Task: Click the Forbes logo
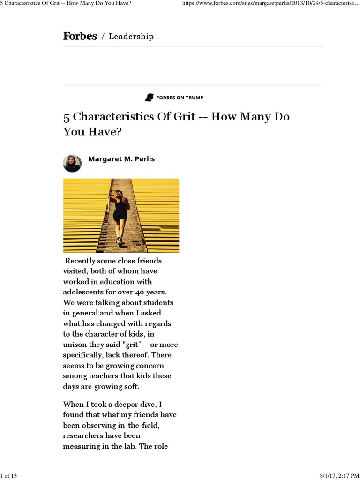[x=80, y=36]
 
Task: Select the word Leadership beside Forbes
[x=131, y=37]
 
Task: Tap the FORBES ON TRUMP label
[x=180, y=97]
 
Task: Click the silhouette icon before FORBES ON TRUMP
[x=150, y=97]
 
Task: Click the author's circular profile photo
[x=72, y=163]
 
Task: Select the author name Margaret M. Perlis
[x=121, y=159]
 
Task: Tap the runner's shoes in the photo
[x=120, y=241]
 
